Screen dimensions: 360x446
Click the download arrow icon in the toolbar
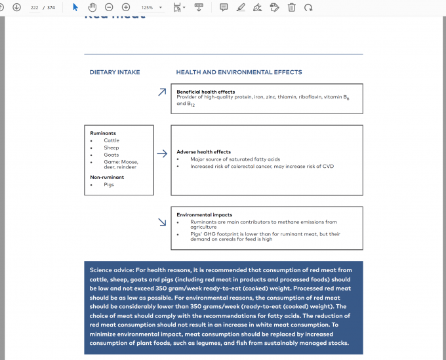16,7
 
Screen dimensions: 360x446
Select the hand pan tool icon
92,7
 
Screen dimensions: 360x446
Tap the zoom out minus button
109,7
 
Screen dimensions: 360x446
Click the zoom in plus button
126,7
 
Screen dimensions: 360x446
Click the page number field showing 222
34,7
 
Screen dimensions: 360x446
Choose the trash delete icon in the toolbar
291,7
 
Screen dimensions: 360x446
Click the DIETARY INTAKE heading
115,72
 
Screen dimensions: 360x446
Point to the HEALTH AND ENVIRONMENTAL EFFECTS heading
239,72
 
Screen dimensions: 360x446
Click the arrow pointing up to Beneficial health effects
162,92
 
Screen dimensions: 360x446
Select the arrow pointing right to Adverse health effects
162,155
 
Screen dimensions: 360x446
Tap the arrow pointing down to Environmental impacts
162,222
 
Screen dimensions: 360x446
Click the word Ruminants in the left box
103,133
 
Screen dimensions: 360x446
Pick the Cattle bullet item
111,140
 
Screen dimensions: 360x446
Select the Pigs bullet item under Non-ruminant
109,185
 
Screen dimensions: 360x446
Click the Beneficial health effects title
205,92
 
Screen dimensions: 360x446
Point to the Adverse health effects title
203,152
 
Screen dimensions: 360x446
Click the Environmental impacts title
204,214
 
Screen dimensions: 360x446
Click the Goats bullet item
111,155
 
